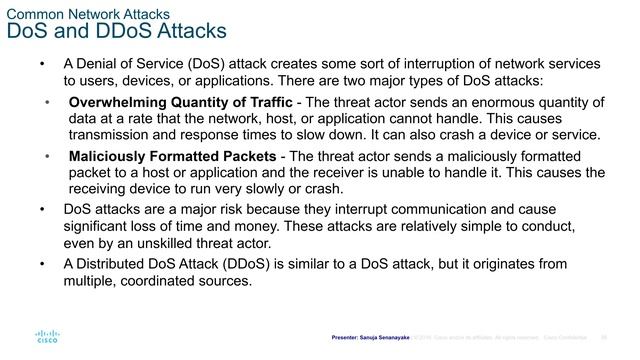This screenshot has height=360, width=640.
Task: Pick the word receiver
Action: click(x=349, y=173)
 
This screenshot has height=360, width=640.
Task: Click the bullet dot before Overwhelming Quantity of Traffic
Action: click(x=46, y=102)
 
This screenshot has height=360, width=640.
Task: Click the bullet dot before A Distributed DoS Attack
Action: click(x=41, y=264)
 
